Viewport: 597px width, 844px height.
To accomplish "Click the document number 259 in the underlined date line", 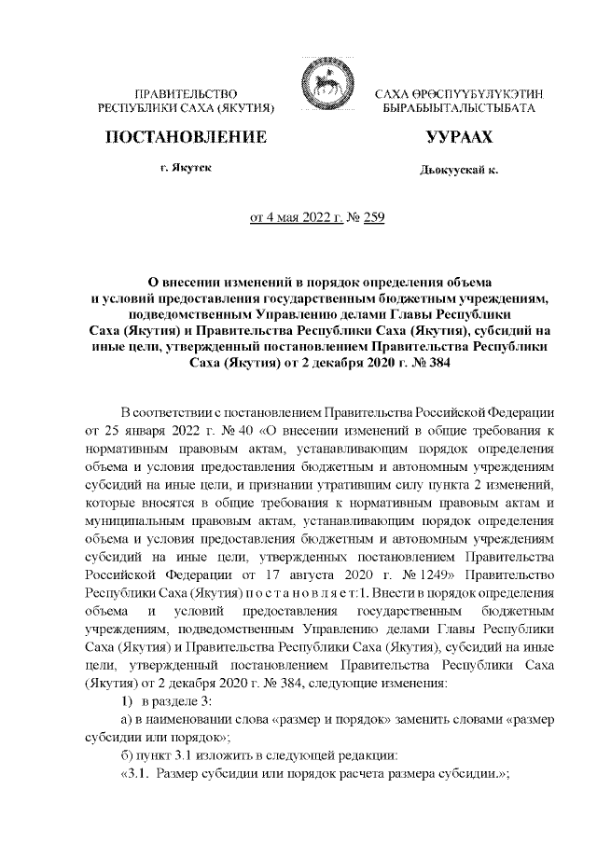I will [x=372, y=219].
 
